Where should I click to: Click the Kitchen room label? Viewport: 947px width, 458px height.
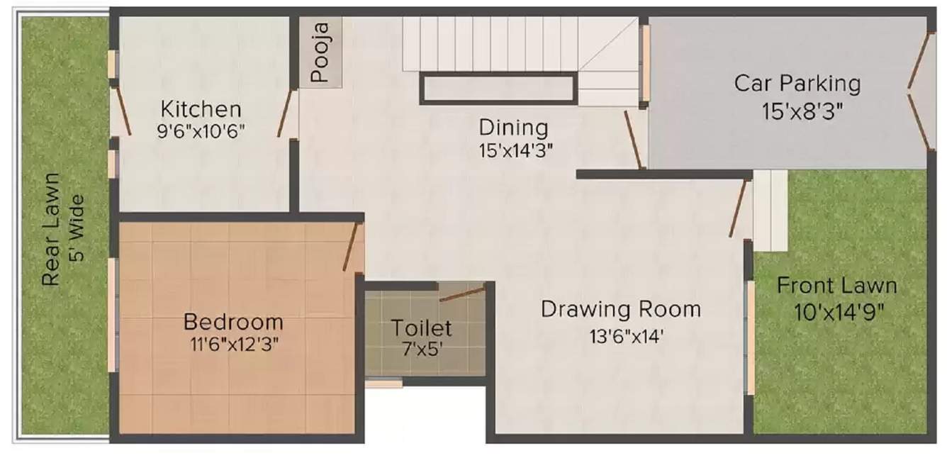point(201,110)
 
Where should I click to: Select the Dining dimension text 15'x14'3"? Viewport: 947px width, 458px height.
point(515,150)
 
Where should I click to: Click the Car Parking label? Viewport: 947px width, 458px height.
point(797,83)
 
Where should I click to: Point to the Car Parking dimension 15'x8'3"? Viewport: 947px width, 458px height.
point(797,111)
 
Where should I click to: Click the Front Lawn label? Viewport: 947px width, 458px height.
point(837,286)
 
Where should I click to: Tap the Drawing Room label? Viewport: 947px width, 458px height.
point(621,309)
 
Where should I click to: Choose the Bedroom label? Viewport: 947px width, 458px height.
point(233,321)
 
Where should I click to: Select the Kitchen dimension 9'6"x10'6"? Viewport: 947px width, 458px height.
point(201,131)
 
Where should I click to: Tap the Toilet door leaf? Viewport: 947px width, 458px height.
point(462,292)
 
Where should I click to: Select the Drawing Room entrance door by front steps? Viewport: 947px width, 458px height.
point(738,208)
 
